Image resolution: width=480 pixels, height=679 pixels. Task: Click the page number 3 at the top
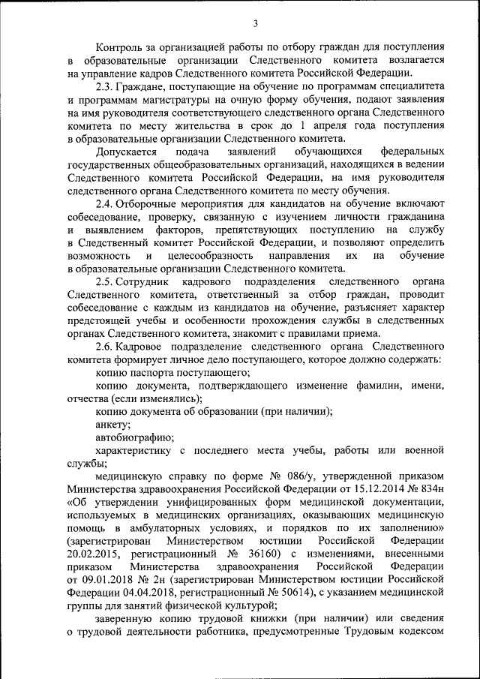click(255, 24)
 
